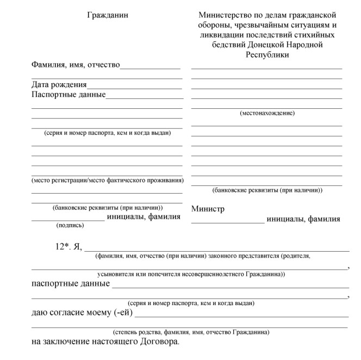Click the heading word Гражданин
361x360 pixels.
click(108, 15)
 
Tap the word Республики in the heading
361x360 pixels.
click(267, 54)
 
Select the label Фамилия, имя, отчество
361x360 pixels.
click(76, 65)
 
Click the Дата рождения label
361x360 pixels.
click(59, 85)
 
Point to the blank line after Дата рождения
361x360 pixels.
click(134, 88)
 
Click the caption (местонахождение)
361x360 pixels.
click(267, 113)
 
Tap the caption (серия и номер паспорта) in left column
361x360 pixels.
click(107, 133)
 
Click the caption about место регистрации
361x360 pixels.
click(107, 180)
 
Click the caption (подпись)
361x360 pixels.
click(70, 225)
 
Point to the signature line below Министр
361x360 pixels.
click(228, 222)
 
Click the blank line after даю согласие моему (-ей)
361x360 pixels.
click(241, 316)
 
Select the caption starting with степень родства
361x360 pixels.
click(191, 332)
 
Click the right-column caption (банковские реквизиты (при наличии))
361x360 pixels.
click(267, 190)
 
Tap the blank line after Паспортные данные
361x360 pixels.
click(145, 98)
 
